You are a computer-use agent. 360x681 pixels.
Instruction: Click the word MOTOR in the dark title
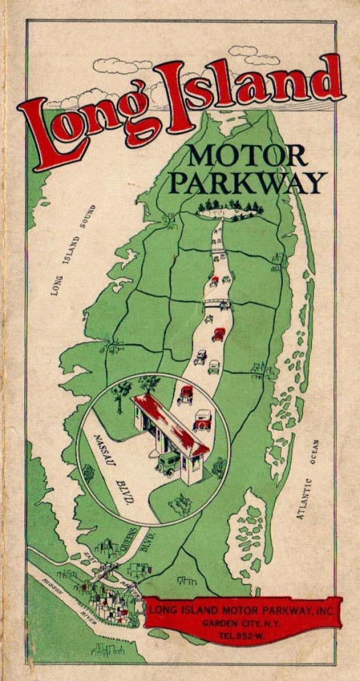[247, 156]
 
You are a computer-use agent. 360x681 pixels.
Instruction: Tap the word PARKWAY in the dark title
[247, 183]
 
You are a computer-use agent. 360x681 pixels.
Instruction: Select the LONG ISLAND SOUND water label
[73, 250]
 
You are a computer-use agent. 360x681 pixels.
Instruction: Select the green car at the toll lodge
[168, 464]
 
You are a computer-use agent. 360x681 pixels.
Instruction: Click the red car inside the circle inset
[186, 395]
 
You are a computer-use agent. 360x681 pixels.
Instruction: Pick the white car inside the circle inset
[202, 420]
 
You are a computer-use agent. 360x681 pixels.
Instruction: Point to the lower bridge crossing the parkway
[217, 303]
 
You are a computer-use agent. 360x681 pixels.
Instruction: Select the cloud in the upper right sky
[254, 55]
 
